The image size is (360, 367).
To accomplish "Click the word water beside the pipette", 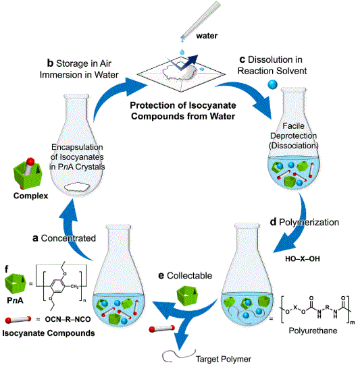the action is [x=207, y=36].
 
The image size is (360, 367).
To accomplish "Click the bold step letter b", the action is [x=51, y=63].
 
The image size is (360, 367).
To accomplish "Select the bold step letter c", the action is [x=242, y=59].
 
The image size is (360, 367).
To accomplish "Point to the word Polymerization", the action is [x=309, y=222].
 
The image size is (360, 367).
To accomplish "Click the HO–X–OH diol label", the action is [x=303, y=259].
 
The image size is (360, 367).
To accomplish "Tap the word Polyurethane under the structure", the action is [x=313, y=331].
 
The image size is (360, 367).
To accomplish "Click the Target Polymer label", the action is [x=224, y=359].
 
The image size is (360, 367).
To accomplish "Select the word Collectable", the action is [x=189, y=276].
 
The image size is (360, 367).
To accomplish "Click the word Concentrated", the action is [x=68, y=238].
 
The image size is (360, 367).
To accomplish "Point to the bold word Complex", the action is [x=30, y=196].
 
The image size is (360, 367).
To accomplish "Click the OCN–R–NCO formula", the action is [x=68, y=319].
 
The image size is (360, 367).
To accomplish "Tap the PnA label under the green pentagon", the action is [x=15, y=300].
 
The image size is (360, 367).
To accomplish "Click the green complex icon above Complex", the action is [x=28, y=173].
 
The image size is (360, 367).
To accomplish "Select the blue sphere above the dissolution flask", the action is [x=272, y=84].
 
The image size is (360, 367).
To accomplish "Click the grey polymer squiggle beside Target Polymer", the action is [x=179, y=356].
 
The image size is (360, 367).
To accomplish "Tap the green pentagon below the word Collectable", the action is [x=187, y=296].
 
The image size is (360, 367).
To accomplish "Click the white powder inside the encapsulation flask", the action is [x=77, y=187].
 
